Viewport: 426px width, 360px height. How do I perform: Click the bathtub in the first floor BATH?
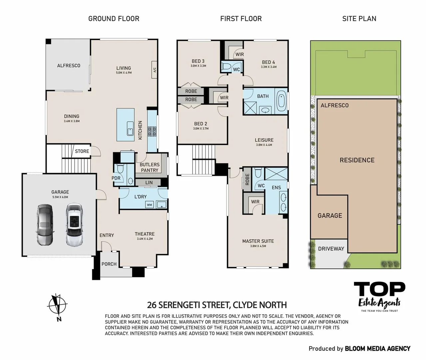click(x=281, y=101)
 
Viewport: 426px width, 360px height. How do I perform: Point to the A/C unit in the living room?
click(x=155, y=70)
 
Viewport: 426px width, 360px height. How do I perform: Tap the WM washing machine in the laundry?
click(x=149, y=205)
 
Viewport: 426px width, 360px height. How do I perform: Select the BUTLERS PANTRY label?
click(x=150, y=167)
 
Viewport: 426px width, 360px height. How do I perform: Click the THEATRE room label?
click(x=145, y=234)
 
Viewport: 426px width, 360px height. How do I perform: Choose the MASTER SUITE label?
click(x=258, y=241)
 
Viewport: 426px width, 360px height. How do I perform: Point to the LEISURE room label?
click(x=264, y=140)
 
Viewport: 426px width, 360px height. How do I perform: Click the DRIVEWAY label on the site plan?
click(x=331, y=249)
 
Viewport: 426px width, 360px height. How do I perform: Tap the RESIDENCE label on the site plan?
click(x=357, y=160)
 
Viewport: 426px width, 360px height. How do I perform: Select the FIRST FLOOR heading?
click(x=241, y=19)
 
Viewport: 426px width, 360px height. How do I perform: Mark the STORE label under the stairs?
click(x=82, y=151)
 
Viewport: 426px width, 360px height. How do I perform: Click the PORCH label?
click(x=109, y=264)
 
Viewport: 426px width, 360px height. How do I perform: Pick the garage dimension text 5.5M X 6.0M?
click(x=60, y=197)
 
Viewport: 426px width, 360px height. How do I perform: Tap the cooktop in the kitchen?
click(x=152, y=130)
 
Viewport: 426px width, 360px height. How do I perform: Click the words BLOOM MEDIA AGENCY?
click(x=377, y=349)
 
